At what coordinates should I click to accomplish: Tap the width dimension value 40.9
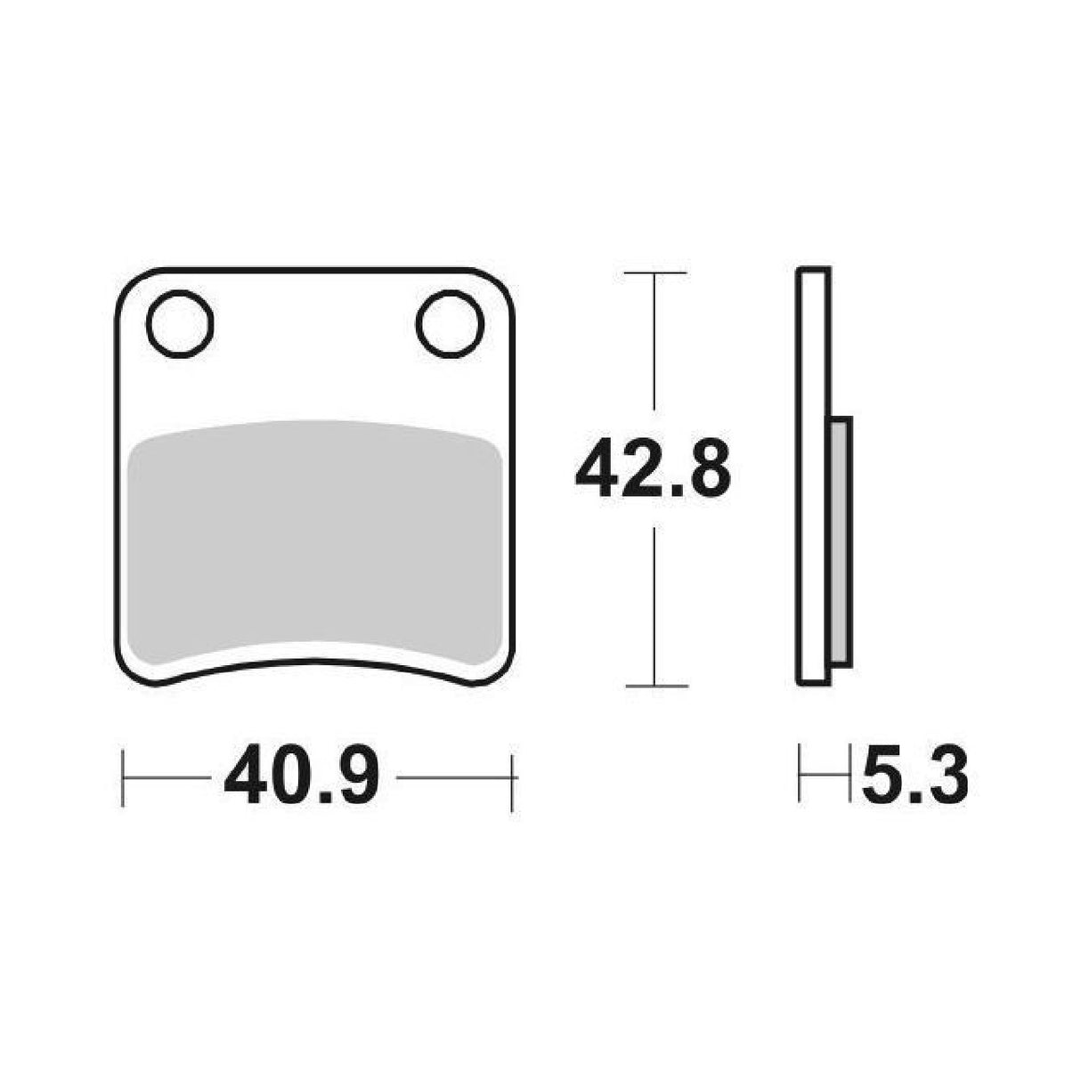click(x=302, y=777)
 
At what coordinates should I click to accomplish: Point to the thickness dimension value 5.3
click(x=914, y=777)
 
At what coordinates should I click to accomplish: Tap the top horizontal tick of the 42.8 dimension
click(x=655, y=272)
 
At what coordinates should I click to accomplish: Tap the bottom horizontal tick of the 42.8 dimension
click(x=656, y=686)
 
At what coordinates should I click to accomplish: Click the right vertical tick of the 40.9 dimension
click(x=511, y=779)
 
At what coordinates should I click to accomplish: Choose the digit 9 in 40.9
click(x=358, y=777)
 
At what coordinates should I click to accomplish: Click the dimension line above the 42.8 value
click(x=655, y=356)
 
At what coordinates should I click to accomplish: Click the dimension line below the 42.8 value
click(x=655, y=606)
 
